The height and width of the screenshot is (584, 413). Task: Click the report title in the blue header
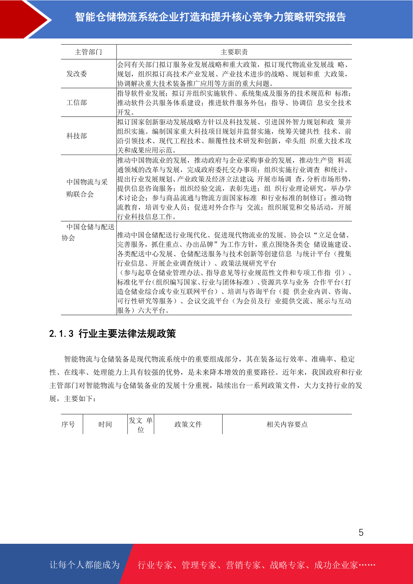coord(210,17)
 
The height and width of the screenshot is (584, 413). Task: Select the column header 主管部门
coord(88,52)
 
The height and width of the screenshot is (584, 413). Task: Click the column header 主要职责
coord(234,52)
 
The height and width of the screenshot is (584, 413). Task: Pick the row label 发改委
coord(77,74)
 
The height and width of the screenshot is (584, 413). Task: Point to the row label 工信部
coord(77,103)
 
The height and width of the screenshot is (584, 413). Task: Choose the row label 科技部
coord(77,136)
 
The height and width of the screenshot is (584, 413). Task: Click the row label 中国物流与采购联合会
coord(87,188)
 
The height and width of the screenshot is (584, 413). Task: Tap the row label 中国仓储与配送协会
coord(88,232)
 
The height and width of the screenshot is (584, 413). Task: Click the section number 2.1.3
coord(61,334)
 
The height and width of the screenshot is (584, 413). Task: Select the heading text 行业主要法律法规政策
coord(127,334)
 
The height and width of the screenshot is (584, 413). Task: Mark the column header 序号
coord(68,424)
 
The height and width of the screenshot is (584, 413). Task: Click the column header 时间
coord(105,424)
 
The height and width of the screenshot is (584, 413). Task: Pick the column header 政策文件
coord(188,424)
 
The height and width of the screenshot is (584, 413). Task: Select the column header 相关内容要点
coord(287,424)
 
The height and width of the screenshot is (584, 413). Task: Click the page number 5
coord(361,533)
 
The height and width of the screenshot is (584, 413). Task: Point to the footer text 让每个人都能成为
coord(85,565)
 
